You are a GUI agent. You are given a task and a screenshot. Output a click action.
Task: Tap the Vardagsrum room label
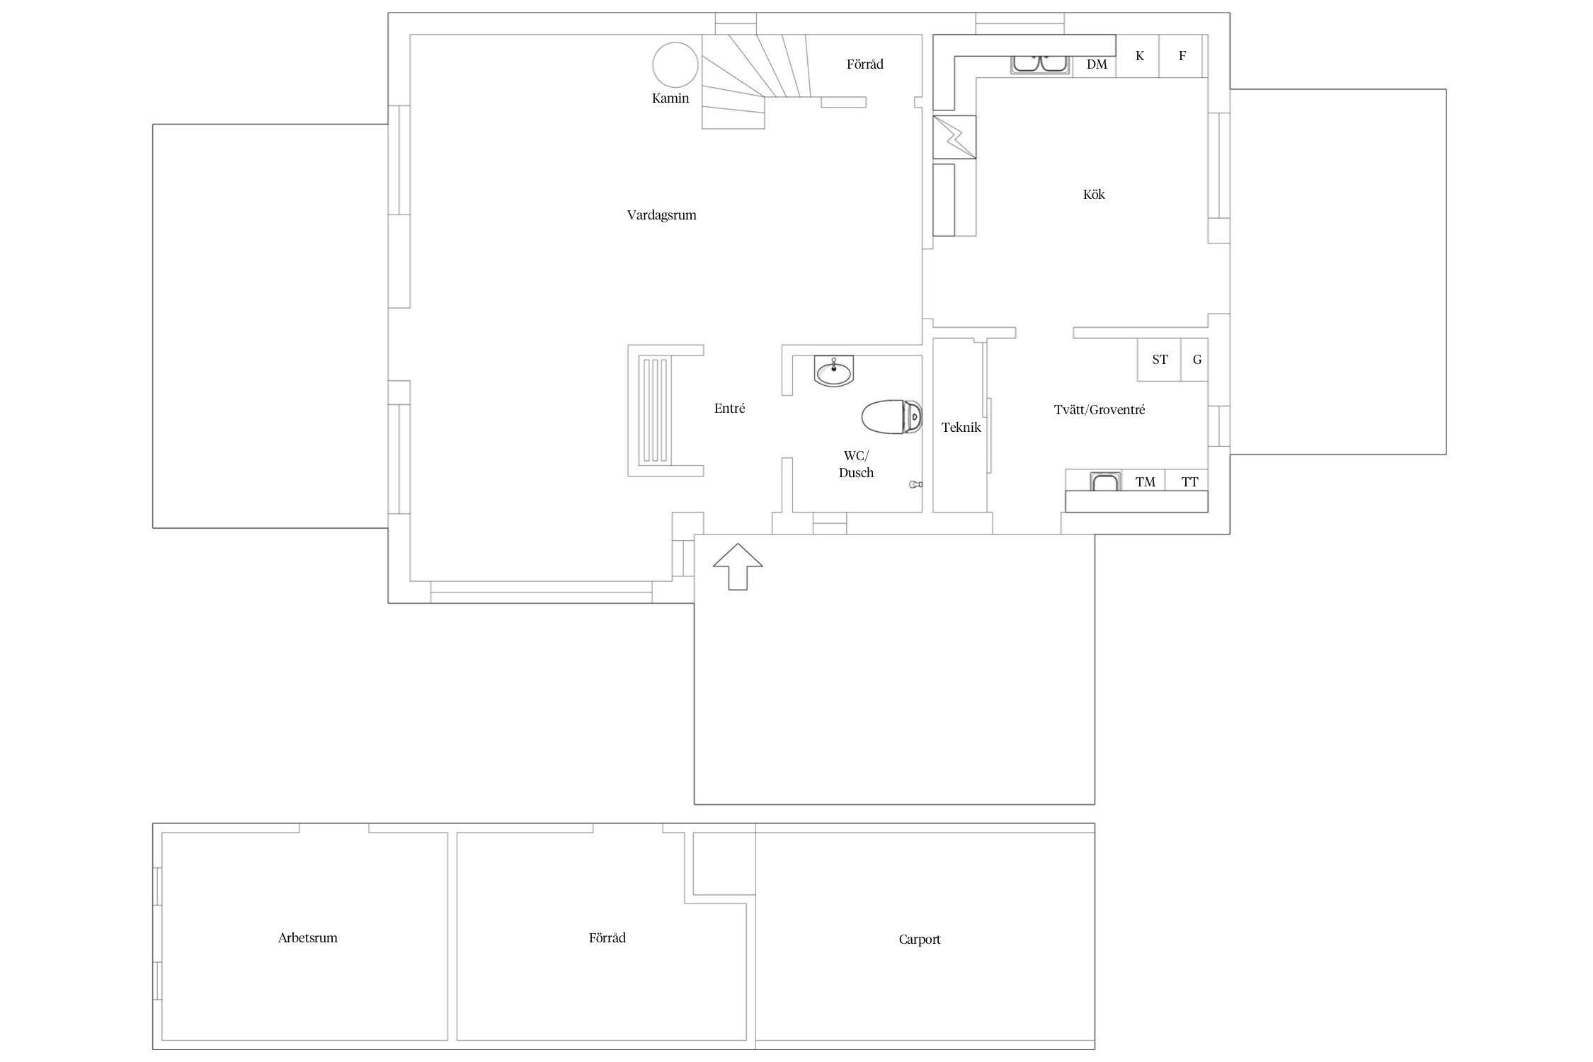click(661, 215)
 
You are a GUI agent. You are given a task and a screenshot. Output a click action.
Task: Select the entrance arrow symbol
click(738, 566)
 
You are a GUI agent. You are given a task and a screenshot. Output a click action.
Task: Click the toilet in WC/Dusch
click(892, 417)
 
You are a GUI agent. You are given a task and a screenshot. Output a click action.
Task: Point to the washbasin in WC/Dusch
click(834, 371)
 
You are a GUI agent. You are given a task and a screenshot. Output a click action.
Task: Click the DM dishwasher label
click(1097, 64)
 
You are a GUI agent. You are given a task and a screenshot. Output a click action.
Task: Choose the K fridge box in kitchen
click(1138, 56)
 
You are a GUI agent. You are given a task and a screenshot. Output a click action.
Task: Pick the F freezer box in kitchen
click(1180, 56)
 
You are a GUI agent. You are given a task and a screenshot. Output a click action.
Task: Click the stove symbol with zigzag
click(954, 137)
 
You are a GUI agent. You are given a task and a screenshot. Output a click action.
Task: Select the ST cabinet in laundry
click(1159, 360)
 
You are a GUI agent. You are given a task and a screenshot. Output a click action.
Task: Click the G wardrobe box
click(1194, 360)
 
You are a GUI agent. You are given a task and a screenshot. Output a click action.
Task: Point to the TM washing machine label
click(1146, 482)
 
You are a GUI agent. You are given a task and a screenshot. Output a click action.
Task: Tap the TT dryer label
click(1190, 482)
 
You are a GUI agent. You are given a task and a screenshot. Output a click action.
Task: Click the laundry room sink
click(1104, 481)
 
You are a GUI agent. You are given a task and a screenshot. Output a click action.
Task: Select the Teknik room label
click(961, 428)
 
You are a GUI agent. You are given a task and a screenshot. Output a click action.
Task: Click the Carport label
click(920, 940)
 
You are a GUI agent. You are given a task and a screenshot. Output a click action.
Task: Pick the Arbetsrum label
click(307, 938)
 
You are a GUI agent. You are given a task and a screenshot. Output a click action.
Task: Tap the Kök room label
click(1094, 194)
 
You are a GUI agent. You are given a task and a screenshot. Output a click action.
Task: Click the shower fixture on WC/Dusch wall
click(915, 484)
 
